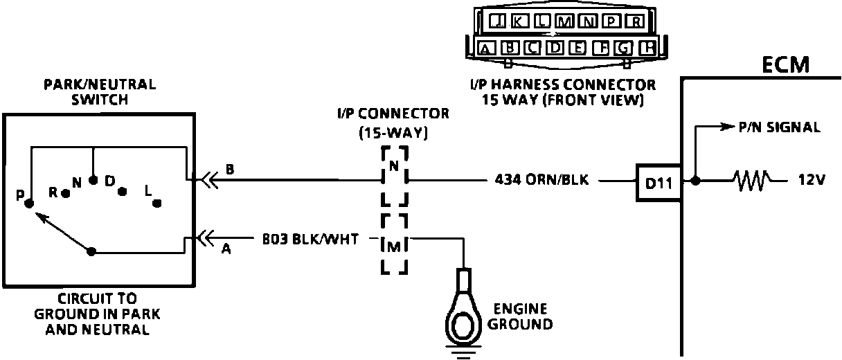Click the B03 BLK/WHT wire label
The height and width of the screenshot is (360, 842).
click(x=311, y=240)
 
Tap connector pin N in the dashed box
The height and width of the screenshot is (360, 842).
click(x=394, y=167)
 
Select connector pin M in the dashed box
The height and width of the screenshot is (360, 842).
click(x=393, y=244)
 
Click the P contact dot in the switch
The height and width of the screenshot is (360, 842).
click(x=29, y=204)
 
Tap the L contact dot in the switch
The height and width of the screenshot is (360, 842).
click(x=157, y=203)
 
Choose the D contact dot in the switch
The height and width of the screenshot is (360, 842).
click(x=123, y=192)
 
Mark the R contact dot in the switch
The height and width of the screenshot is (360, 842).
click(x=65, y=194)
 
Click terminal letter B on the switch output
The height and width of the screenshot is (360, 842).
click(x=229, y=169)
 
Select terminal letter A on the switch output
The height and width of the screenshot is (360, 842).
click(x=226, y=251)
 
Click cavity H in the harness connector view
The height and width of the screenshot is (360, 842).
click(x=647, y=48)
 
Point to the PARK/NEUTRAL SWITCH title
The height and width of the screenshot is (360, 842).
click(x=100, y=92)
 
